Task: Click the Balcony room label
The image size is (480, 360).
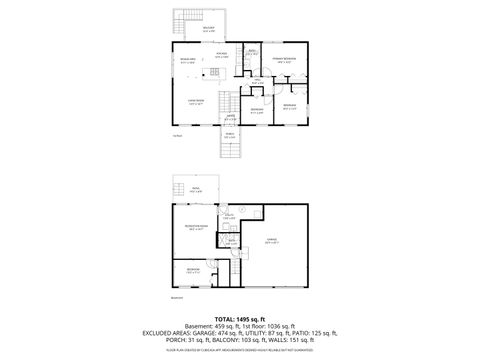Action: (x=208, y=30)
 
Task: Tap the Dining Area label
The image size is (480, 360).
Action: (x=187, y=60)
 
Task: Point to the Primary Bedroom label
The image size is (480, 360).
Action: (x=285, y=60)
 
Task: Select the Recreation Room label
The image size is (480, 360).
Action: (x=196, y=229)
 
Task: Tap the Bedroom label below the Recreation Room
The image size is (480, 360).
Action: (x=193, y=271)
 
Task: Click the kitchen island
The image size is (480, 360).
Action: (x=222, y=71)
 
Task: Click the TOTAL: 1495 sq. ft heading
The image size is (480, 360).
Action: (x=238, y=317)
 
